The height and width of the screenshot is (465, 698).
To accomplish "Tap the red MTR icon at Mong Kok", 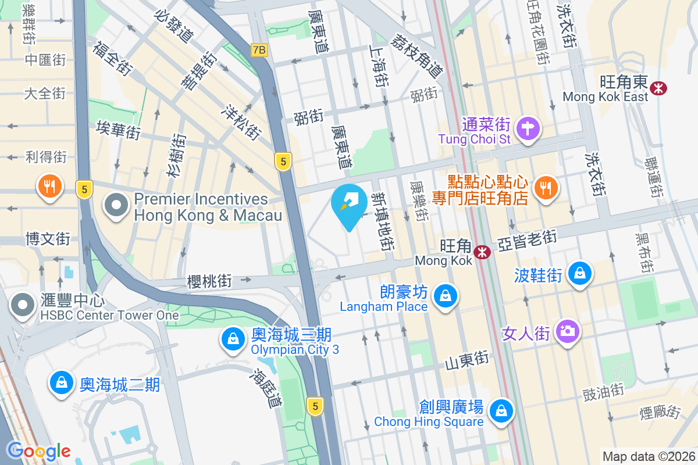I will [482, 252].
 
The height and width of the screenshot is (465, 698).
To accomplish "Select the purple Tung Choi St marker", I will [528, 128].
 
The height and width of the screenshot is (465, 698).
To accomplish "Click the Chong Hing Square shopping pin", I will [500, 412].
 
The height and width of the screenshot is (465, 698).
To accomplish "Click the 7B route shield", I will [259, 50].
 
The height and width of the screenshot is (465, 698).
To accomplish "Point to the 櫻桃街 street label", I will [209, 282].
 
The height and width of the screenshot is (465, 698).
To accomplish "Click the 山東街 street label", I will [466, 360].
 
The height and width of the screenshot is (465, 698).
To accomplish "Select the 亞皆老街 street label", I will [528, 240].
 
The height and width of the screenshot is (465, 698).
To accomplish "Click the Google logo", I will [38, 450].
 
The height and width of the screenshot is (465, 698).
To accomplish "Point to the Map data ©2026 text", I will [648, 456].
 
